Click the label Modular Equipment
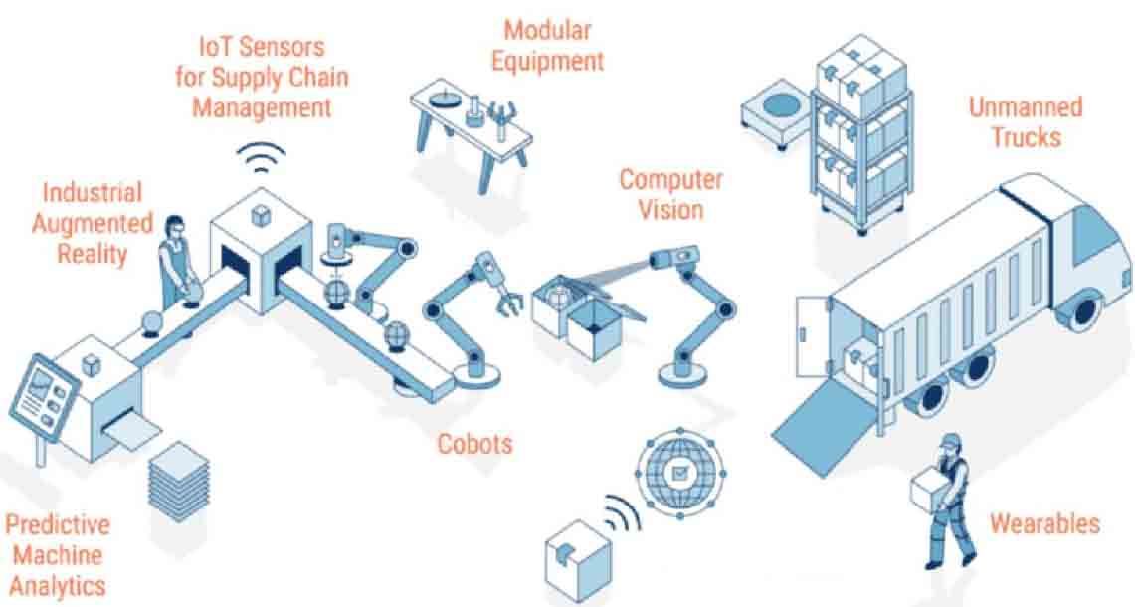548,45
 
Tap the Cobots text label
474,443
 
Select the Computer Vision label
670,194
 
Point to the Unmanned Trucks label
1026,121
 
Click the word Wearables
1044,523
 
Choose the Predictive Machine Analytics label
58,555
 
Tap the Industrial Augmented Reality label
92,223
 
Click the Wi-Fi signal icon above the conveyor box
262,158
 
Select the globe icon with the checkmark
680,473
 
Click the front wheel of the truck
1083,308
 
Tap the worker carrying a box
943,501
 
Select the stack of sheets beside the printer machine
178,481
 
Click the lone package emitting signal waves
577,560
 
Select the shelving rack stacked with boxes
861,134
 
